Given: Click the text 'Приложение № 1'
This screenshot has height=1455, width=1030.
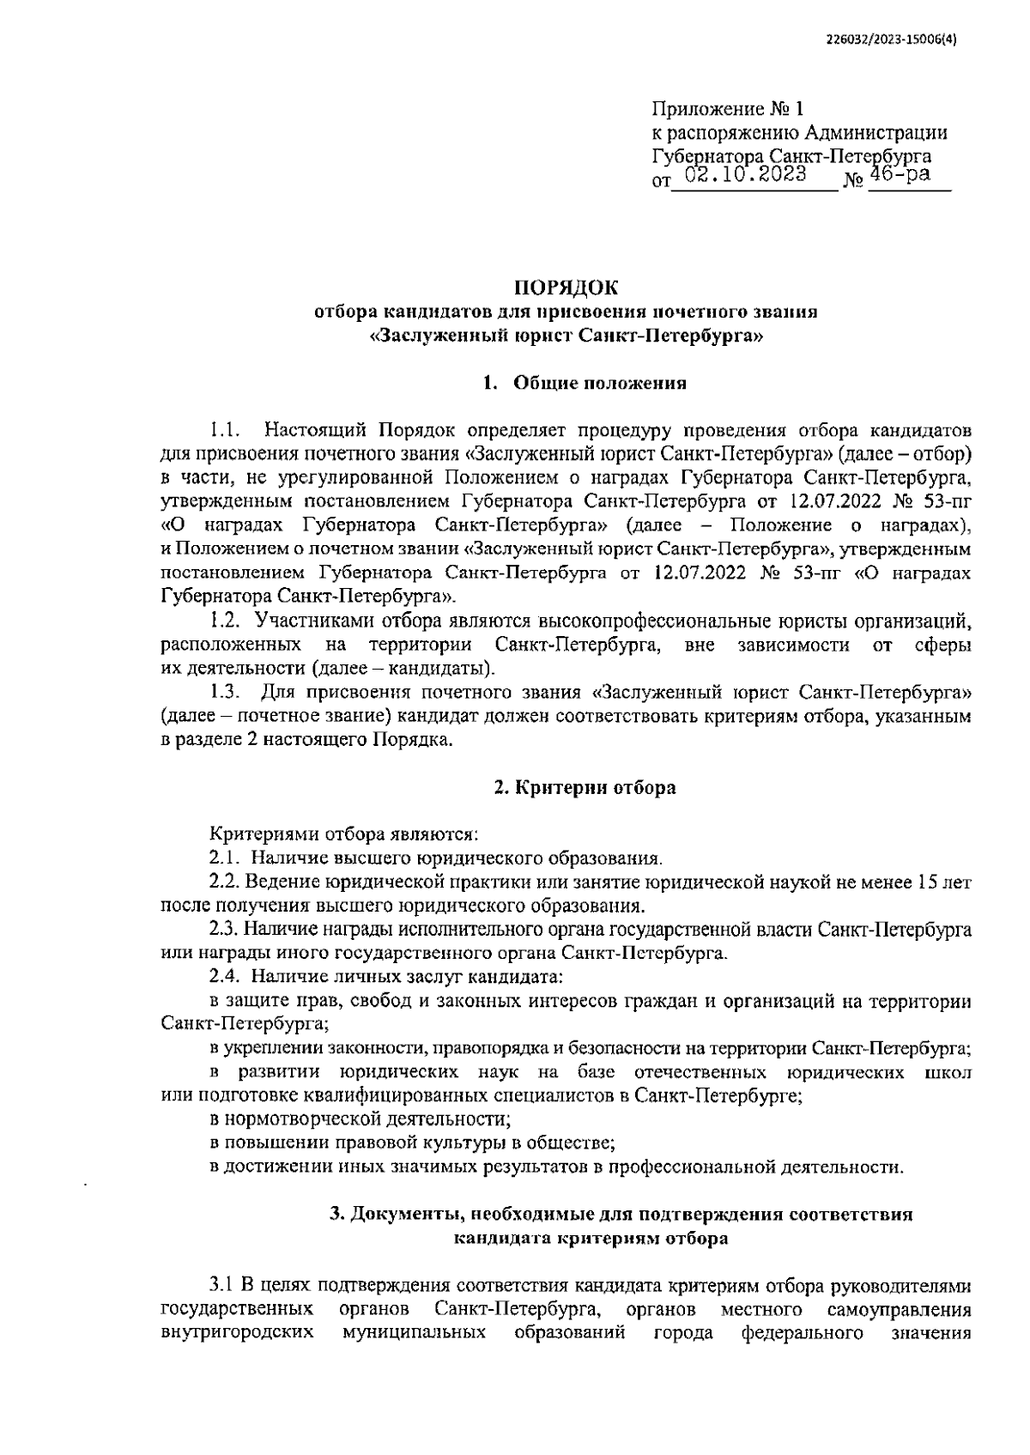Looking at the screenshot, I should click(729, 109).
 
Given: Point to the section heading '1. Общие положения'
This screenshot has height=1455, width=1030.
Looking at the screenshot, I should click(585, 384).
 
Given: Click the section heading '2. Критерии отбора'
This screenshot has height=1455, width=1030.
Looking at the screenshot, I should click(585, 787).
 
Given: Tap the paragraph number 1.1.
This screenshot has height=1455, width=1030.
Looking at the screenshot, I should click(225, 429).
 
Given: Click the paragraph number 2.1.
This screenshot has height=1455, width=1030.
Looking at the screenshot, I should click(226, 858).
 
